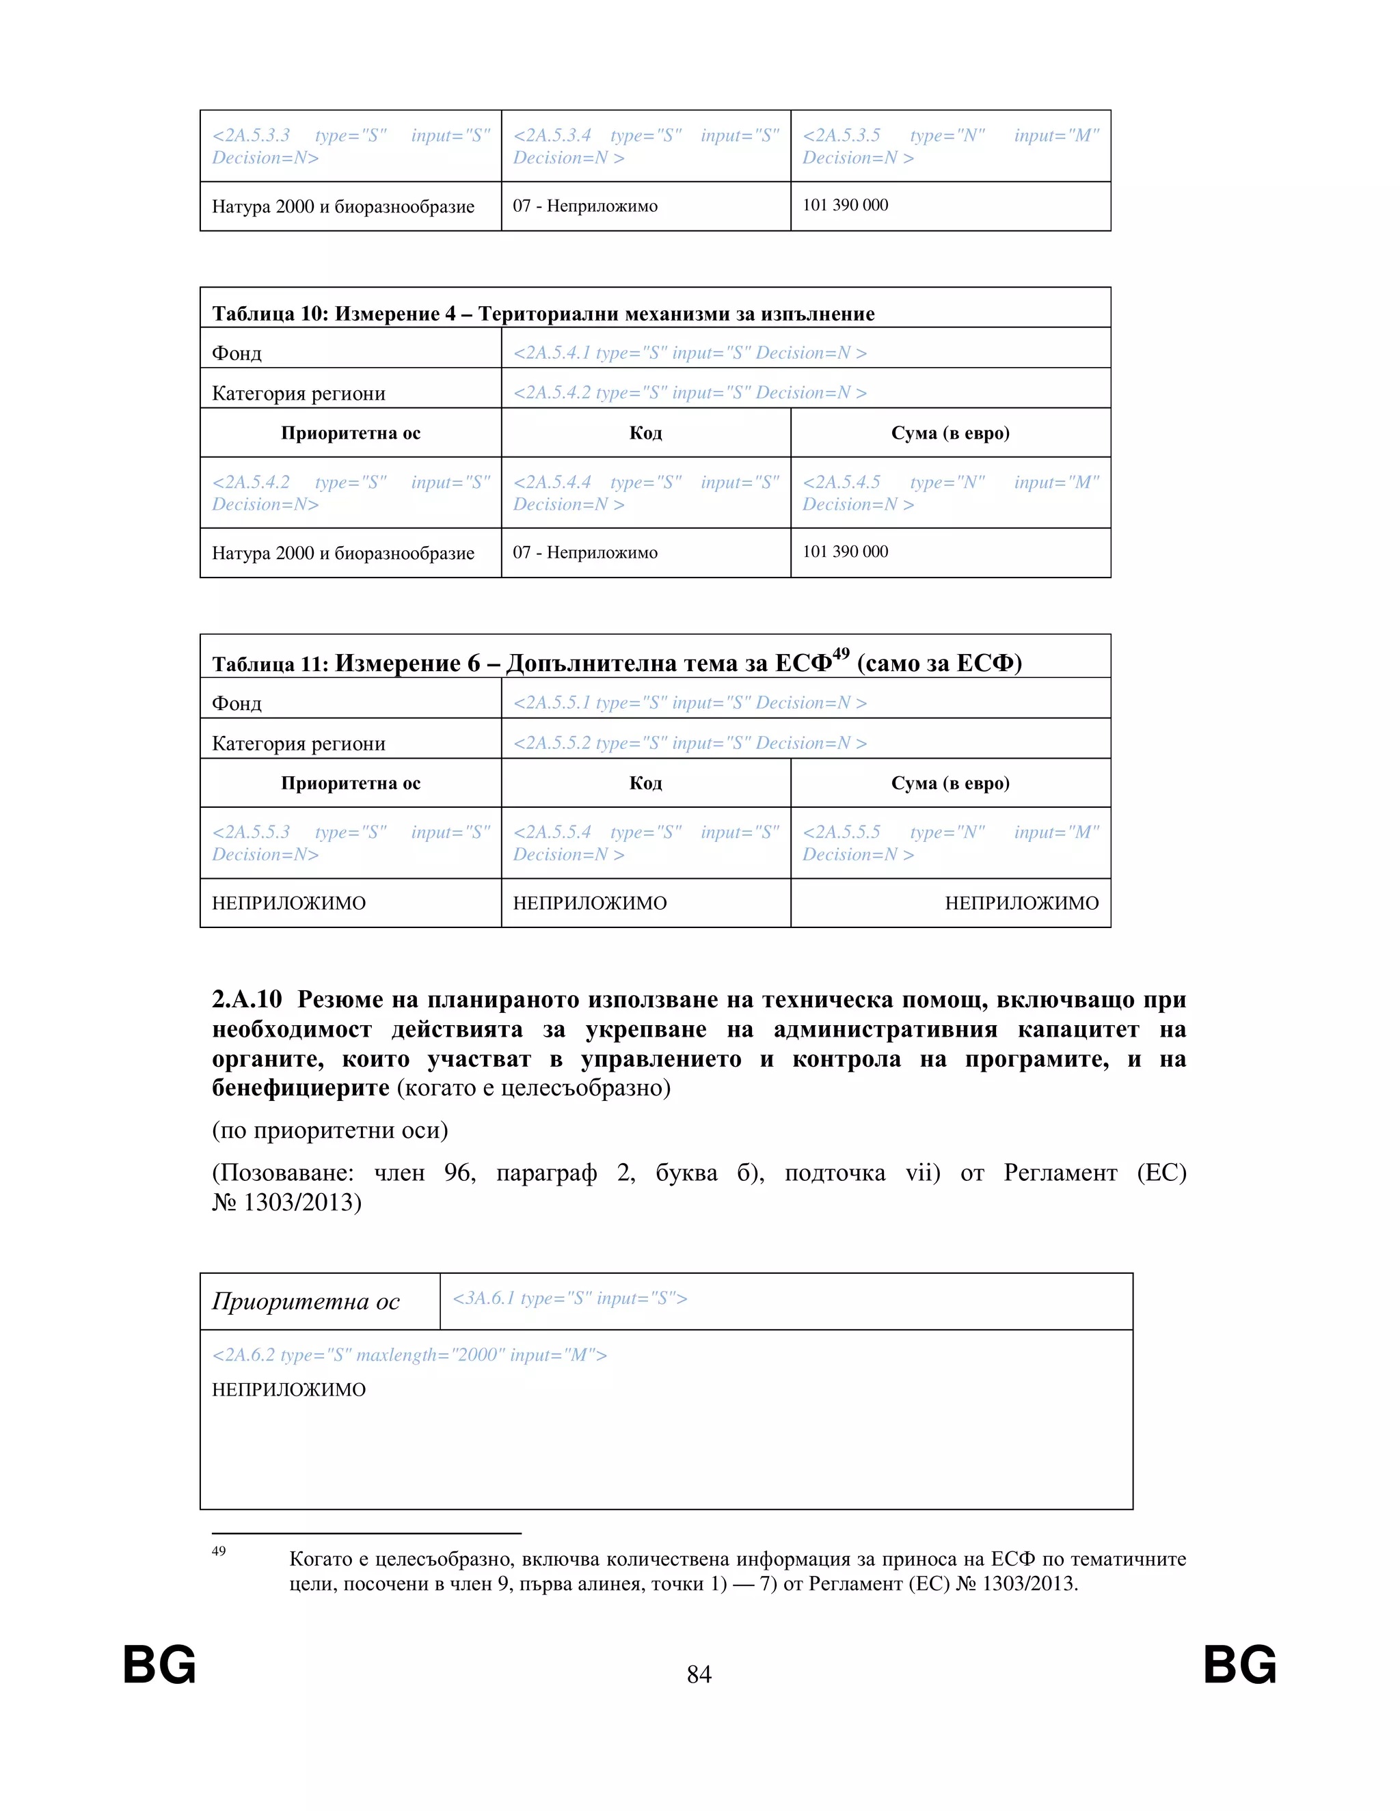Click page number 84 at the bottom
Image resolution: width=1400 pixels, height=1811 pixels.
(699, 1674)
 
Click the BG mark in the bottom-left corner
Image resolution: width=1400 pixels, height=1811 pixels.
(159, 1665)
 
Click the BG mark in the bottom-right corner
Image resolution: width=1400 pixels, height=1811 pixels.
(1239, 1665)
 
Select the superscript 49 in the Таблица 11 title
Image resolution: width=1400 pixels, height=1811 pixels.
(841, 654)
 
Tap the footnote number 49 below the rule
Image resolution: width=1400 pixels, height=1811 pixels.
(219, 1551)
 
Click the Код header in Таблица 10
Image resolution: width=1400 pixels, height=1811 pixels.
(645, 433)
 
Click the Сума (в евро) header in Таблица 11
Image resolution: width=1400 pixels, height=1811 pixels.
(950, 782)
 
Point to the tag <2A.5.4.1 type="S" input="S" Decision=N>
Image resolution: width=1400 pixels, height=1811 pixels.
(689, 353)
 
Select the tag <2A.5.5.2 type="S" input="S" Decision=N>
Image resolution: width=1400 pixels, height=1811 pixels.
(689, 743)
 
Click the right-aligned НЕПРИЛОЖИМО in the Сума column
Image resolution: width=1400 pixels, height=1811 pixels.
(1021, 903)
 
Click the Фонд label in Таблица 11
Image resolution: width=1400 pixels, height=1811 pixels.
(237, 703)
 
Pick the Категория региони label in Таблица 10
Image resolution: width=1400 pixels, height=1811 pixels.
(299, 393)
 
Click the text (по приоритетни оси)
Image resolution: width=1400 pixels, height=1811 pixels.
(329, 1130)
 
